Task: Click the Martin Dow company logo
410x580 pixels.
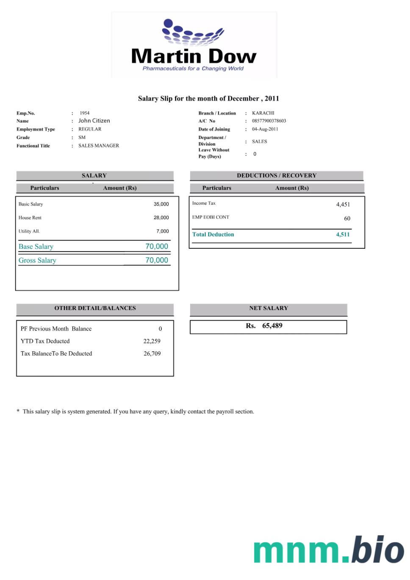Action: click(x=194, y=45)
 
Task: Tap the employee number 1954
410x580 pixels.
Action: click(x=85, y=113)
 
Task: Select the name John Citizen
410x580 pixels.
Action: click(x=94, y=121)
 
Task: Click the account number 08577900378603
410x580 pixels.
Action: click(x=269, y=121)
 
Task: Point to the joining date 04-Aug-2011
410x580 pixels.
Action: click(x=265, y=129)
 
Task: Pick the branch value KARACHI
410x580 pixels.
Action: click(x=263, y=113)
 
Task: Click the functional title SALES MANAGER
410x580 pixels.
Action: click(x=99, y=146)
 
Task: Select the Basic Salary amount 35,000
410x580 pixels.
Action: click(x=161, y=204)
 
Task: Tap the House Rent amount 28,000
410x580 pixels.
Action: click(x=161, y=218)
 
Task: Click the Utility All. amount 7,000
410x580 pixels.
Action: click(x=162, y=231)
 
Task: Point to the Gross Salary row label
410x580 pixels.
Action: click(x=37, y=261)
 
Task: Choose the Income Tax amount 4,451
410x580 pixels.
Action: click(x=343, y=205)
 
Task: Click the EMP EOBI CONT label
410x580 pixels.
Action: click(x=211, y=217)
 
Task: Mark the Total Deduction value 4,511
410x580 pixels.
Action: click(x=343, y=235)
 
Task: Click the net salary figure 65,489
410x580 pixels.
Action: click(x=272, y=326)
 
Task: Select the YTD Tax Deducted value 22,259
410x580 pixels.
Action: click(x=152, y=341)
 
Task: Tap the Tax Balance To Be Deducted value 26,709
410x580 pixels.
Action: click(x=152, y=354)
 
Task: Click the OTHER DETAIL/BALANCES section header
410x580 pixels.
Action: click(x=95, y=308)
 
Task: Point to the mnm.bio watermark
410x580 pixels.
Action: click(x=329, y=550)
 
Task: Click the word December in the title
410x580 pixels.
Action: click(x=243, y=99)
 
